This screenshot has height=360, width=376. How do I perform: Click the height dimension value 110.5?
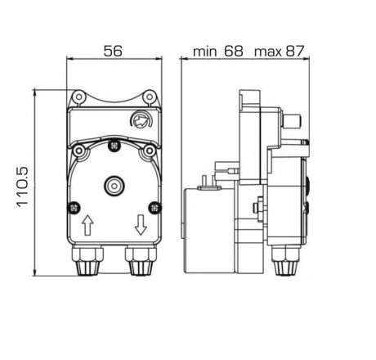coord(22,185)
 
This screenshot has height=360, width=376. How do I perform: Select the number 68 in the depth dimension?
coord(234,51)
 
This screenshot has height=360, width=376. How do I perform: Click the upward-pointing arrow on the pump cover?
coord(87,223)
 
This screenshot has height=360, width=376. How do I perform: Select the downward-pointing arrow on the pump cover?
coord(140,223)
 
